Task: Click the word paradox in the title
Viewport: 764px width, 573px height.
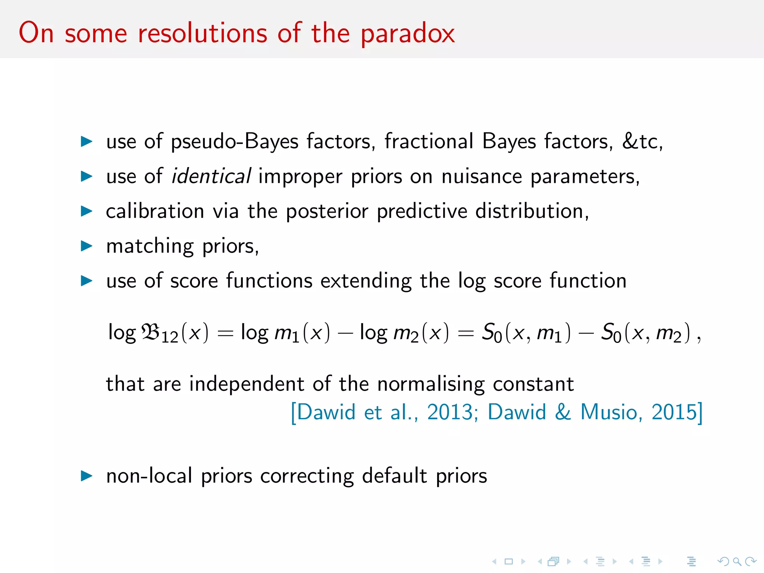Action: coord(407,34)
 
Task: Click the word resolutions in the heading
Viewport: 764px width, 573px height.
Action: coord(203,34)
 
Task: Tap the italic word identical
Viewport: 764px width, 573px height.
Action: coord(211,176)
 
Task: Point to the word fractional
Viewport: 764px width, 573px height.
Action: coord(429,141)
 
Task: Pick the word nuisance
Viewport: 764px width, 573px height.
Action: coord(482,176)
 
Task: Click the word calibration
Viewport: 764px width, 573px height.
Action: coord(155,211)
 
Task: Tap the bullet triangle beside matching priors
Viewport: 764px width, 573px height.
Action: coord(87,246)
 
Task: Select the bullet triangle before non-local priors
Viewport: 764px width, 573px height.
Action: coord(87,476)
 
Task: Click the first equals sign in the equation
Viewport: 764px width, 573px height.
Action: coord(225,333)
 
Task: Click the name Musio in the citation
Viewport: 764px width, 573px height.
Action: coord(609,412)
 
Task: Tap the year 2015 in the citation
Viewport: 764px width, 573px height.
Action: coord(674,412)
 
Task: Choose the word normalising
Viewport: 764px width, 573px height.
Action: coord(431,384)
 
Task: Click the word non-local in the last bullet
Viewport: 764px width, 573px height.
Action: coord(149,476)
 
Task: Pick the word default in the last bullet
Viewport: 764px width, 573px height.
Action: coord(394,476)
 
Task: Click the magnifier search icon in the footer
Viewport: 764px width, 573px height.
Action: coord(737,561)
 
